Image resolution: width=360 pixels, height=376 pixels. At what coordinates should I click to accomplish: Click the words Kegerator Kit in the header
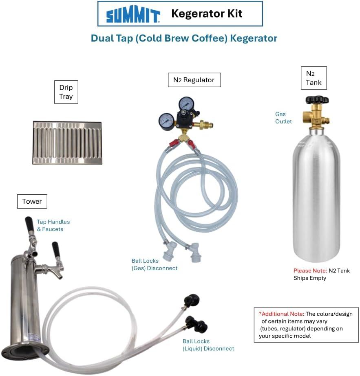click(x=207, y=13)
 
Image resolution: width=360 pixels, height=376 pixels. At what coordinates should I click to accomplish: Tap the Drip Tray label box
click(x=66, y=92)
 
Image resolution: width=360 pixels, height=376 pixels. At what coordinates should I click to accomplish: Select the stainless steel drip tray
click(x=67, y=142)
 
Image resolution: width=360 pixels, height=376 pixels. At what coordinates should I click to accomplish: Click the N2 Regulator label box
click(x=194, y=80)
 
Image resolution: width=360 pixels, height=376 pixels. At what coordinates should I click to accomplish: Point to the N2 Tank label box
click(x=314, y=78)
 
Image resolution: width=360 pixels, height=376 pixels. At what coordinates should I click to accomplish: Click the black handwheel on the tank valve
click(x=317, y=99)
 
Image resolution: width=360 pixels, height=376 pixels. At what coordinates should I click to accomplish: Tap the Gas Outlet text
click(x=283, y=118)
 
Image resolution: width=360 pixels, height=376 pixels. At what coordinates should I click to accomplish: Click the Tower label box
click(x=32, y=201)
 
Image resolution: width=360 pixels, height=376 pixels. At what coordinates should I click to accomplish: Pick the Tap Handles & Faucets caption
click(x=53, y=225)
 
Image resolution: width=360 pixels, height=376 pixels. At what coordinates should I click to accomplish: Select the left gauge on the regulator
click(x=166, y=121)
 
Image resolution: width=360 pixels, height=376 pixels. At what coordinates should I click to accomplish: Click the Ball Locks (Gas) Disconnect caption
click(x=155, y=264)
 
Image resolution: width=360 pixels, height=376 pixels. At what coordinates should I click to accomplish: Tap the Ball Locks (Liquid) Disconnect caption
click(x=208, y=345)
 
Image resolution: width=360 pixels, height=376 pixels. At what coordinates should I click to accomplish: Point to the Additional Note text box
click(x=306, y=325)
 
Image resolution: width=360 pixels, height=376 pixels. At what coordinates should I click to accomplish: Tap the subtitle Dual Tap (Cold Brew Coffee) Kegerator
click(x=184, y=38)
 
